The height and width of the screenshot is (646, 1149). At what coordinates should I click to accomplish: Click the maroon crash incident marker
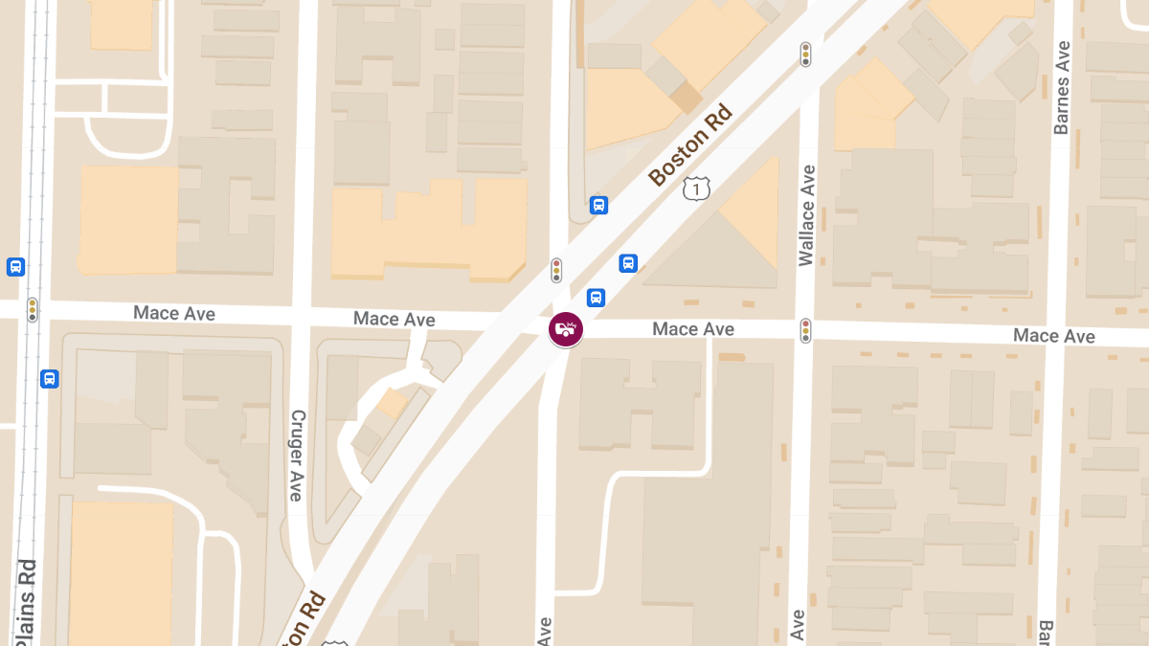[565, 329]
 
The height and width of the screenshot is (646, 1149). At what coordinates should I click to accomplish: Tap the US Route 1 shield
[696, 189]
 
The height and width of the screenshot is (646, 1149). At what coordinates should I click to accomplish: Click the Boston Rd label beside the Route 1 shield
[689, 145]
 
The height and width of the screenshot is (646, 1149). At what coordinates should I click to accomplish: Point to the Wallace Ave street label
[807, 215]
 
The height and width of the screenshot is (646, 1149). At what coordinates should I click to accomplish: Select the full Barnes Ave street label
[1061, 88]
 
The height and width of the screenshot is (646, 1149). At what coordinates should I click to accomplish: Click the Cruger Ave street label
[297, 456]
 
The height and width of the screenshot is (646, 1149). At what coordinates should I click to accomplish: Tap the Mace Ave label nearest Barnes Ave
[1053, 336]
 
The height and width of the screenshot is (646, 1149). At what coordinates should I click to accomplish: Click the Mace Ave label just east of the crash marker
[693, 329]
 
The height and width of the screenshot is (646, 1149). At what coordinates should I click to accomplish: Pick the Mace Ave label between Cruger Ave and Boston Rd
[394, 320]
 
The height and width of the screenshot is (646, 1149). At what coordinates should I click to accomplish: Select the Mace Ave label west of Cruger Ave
[174, 313]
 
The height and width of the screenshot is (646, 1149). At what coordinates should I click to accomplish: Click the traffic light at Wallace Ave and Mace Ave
[806, 331]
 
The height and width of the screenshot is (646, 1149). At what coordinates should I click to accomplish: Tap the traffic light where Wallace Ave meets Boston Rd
[806, 55]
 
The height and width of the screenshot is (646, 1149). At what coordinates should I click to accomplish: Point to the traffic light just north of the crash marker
[556, 271]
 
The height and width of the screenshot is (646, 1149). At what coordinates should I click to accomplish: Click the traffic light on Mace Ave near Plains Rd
[33, 309]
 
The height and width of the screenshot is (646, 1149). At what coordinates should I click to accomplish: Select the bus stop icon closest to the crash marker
[596, 298]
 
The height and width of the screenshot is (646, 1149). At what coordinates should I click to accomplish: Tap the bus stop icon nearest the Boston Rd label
[599, 205]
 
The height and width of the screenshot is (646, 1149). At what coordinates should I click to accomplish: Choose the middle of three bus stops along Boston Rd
[628, 263]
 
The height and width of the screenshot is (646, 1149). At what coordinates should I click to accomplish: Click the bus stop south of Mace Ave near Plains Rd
[50, 379]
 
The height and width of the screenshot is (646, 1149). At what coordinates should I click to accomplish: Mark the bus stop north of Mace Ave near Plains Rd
[15, 267]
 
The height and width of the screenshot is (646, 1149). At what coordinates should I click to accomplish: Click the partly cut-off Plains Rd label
[27, 603]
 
